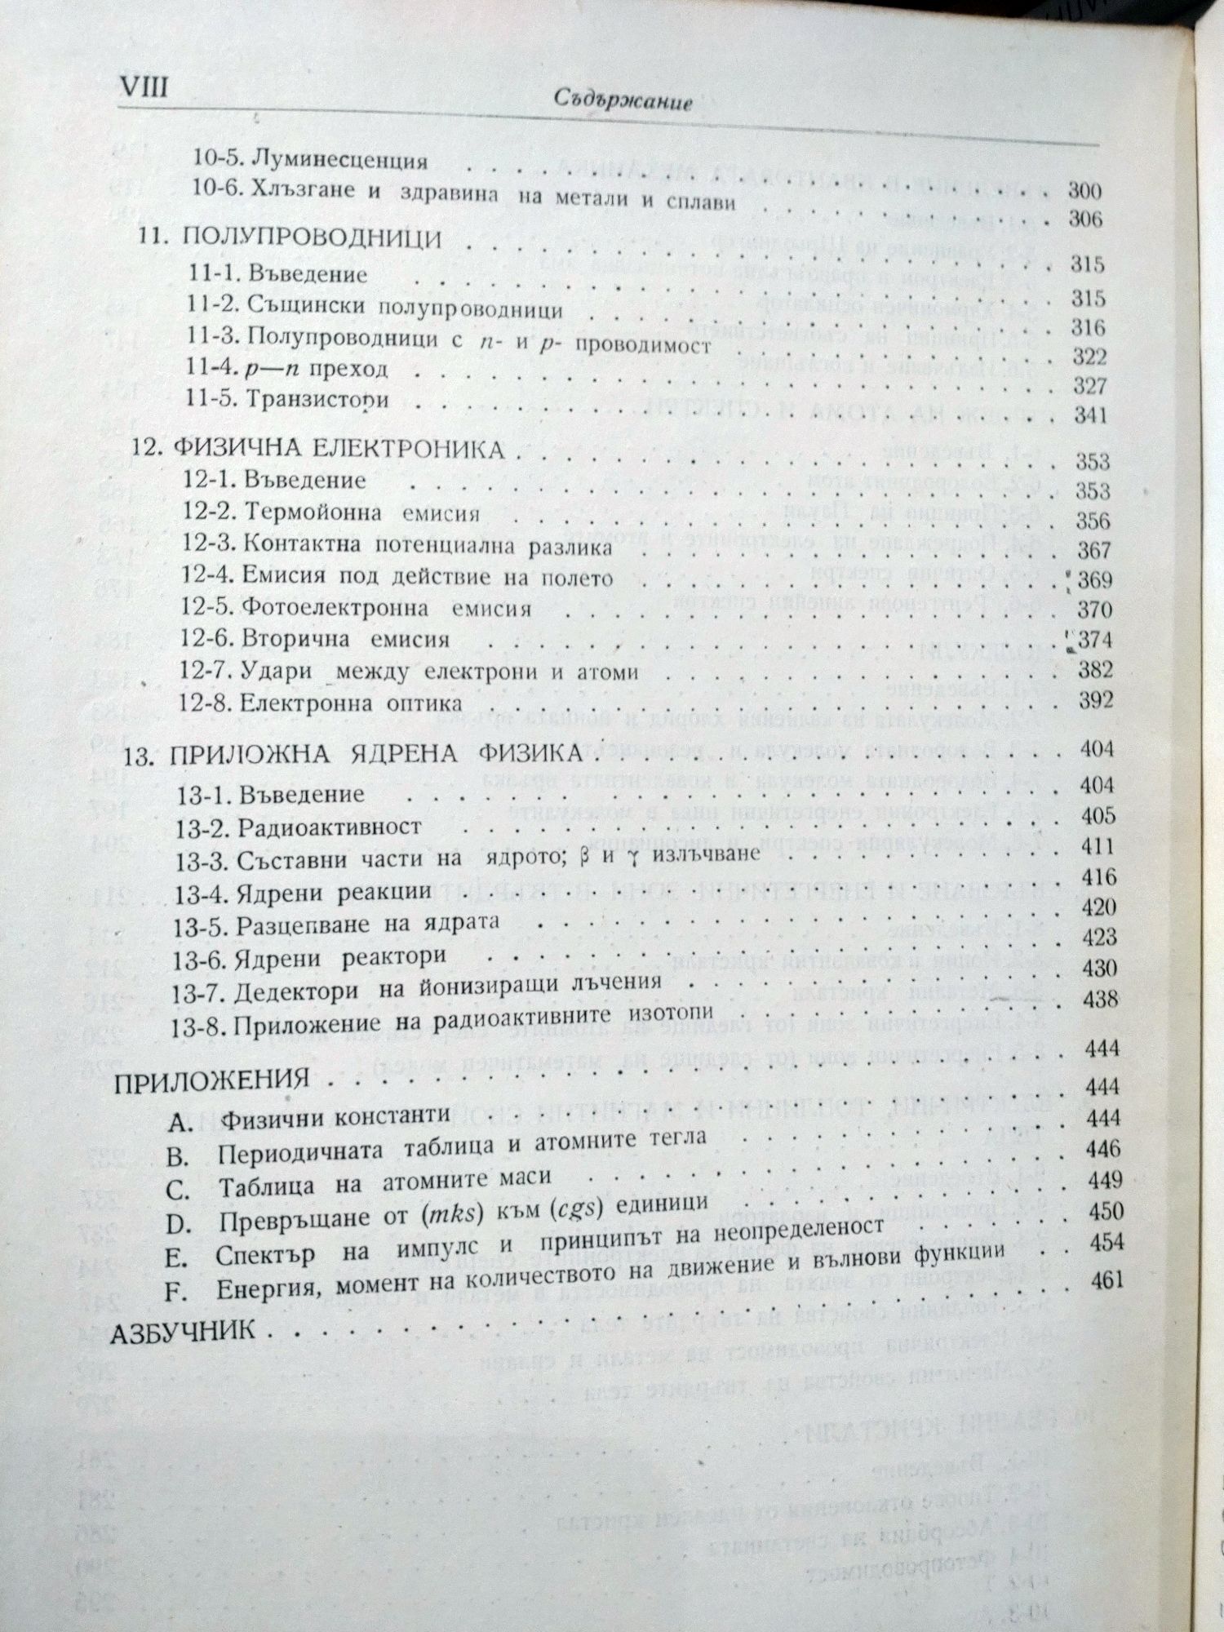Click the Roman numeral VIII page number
click(x=143, y=86)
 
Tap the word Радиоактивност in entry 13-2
click(x=330, y=826)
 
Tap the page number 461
click(x=1106, y=1279)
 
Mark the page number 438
click(x=1097, y=998)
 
